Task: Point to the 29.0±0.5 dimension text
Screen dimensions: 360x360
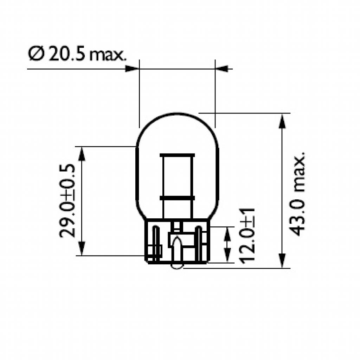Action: click(67, 201)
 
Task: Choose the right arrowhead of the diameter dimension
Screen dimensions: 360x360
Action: click(221, 69)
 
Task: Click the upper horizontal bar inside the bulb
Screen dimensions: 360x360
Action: click(177, 155)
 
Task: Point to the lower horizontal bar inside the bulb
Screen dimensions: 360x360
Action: click(177, 198)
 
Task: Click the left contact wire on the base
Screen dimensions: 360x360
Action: click(156, 243)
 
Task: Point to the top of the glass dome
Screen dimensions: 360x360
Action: click(177, 113)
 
